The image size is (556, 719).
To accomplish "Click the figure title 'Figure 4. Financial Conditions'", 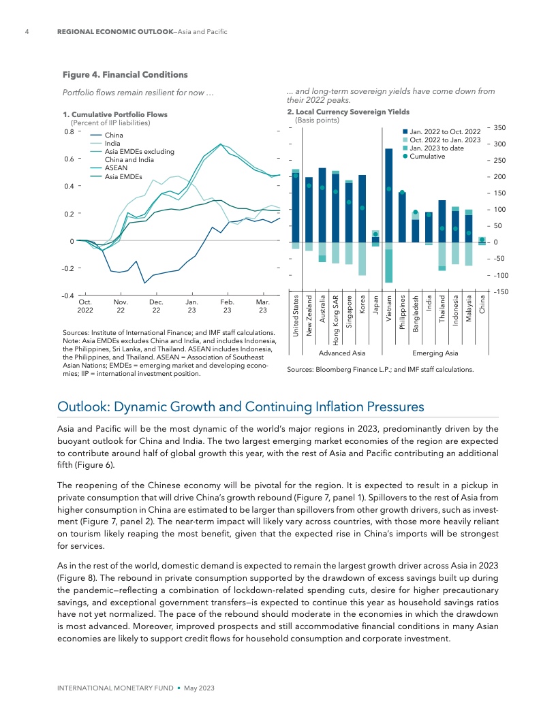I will (125, 74).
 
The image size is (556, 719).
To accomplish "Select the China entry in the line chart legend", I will (114, 135).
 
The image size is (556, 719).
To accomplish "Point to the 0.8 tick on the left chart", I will (68, 131).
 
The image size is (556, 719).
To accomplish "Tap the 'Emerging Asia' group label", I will (435, 353).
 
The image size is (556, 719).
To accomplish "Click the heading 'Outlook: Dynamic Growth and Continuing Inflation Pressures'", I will (241, 406).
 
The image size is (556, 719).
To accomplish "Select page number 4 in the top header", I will (26, 32).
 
